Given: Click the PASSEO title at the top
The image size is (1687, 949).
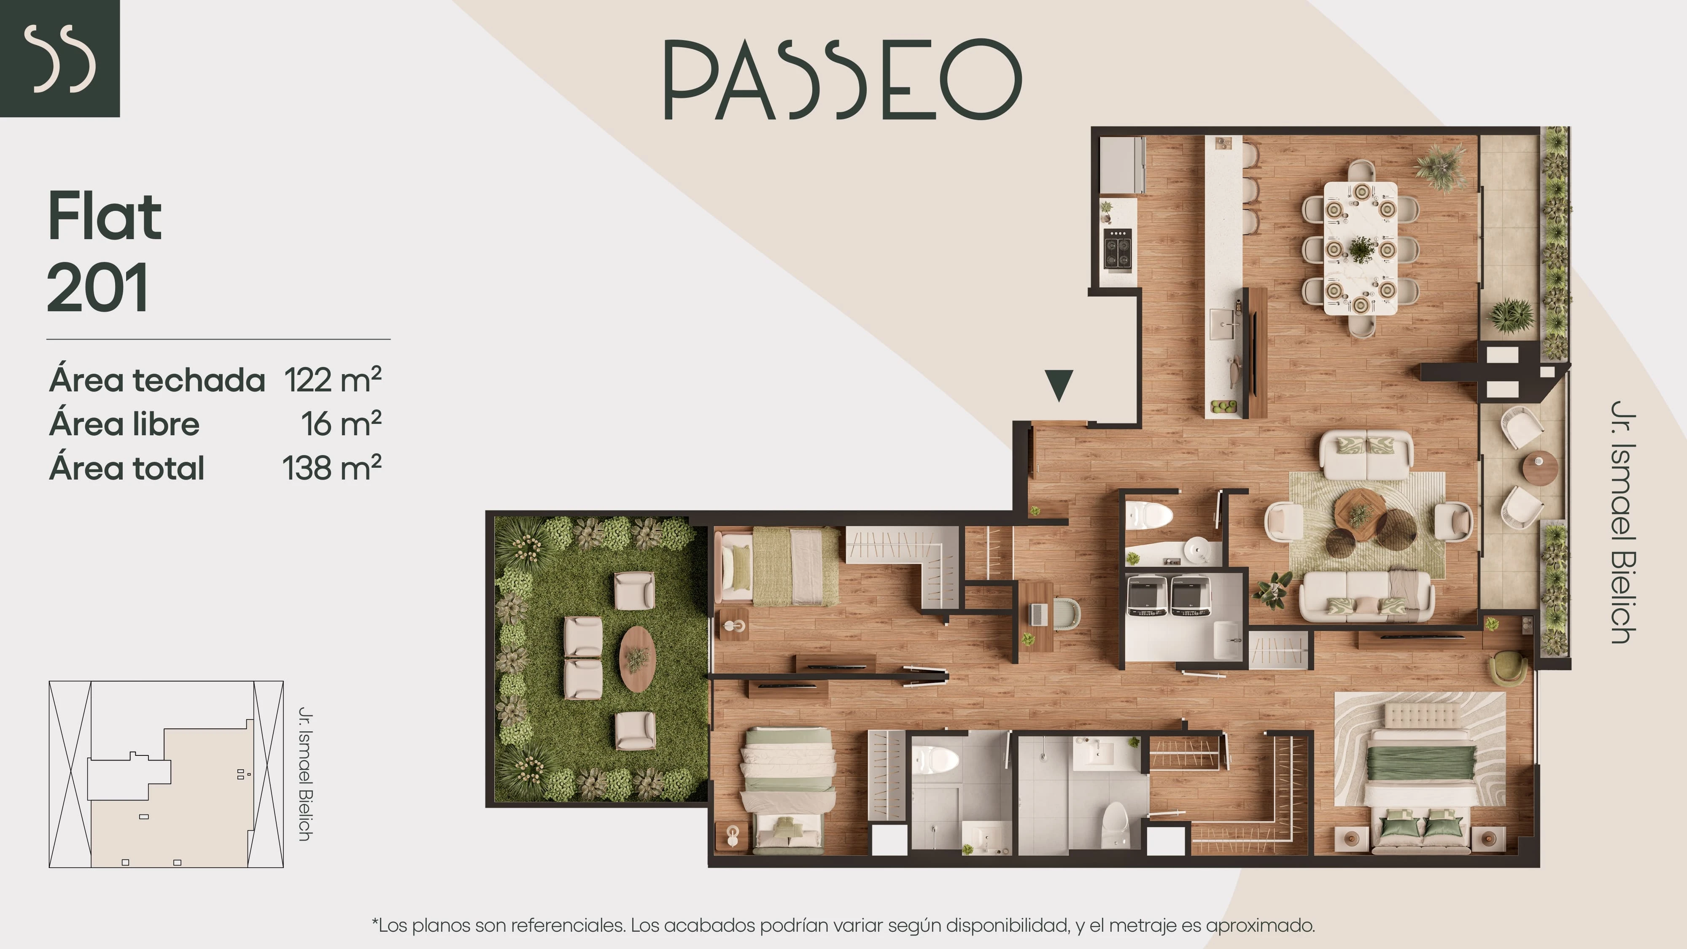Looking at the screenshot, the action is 843,79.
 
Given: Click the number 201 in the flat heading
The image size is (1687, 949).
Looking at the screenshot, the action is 97,288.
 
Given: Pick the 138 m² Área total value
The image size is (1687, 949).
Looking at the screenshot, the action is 332,468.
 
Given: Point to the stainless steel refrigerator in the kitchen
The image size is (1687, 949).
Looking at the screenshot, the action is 1122,164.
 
